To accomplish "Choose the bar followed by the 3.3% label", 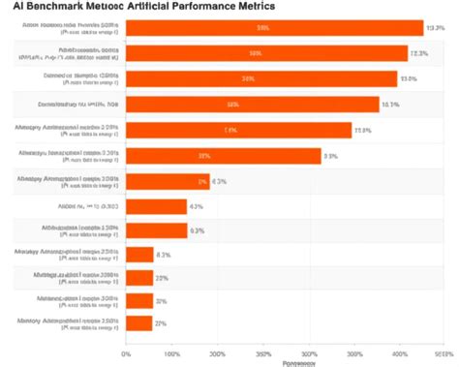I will coord(223,156).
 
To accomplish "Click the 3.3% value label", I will coord(330,156).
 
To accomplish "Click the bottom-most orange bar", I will coord(139,323).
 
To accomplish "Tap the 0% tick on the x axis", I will coord(126,353).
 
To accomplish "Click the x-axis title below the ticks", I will coord(297,363).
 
